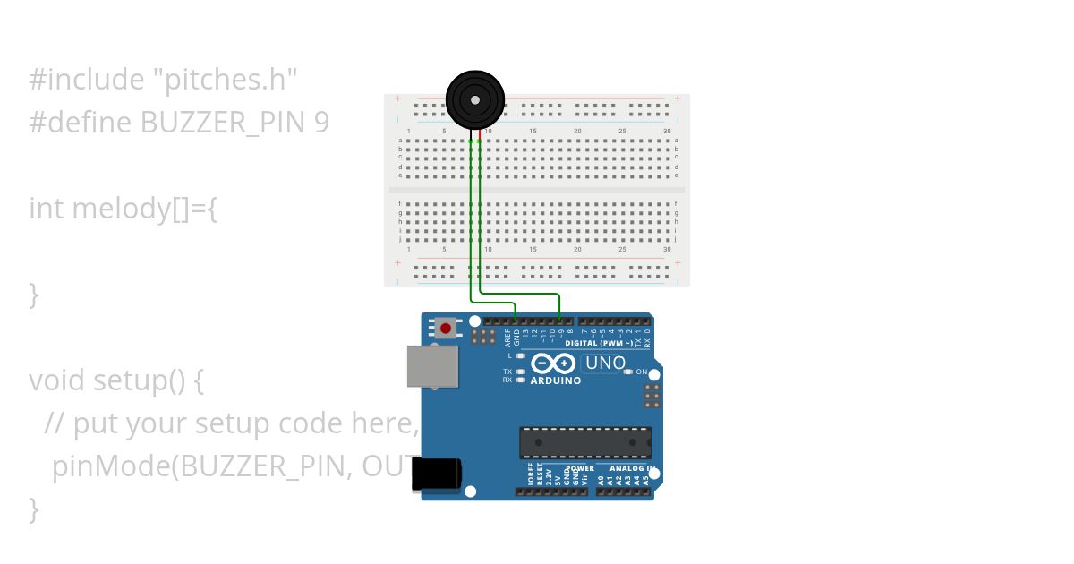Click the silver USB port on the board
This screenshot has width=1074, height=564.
433,365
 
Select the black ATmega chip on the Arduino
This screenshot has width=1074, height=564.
585,442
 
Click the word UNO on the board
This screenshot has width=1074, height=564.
606,363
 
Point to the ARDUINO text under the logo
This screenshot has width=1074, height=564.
556,380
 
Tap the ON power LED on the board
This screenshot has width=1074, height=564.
628,372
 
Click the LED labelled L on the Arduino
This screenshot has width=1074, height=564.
520,356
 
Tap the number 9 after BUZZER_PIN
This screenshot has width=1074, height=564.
322,123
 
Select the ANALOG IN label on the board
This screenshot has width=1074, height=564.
633,468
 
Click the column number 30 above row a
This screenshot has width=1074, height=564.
667,132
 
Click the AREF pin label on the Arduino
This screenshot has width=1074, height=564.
507,338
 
